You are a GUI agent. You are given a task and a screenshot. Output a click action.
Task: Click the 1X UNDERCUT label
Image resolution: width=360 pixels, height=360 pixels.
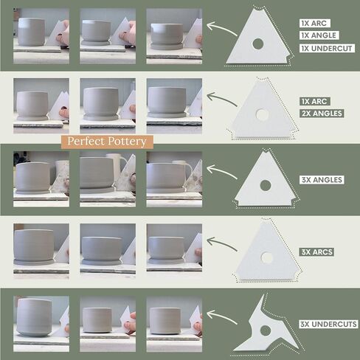[327, 48]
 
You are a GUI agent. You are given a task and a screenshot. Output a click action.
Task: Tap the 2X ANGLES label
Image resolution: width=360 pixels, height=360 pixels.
[322, 114]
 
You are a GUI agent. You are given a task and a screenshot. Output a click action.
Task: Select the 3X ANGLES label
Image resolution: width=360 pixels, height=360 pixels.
[322, 180]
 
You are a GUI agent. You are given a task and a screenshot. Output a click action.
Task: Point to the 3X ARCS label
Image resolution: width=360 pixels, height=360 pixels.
[316, 252]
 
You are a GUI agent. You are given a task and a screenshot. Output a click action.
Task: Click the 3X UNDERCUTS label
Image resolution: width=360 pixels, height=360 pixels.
[328, 324]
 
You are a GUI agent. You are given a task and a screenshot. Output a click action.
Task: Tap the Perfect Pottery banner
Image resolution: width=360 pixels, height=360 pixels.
[107, 142]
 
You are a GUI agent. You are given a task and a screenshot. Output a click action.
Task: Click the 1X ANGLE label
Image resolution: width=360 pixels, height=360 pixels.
[319, 35]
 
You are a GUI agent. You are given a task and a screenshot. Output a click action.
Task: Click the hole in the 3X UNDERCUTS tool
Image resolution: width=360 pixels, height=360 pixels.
[266, 330]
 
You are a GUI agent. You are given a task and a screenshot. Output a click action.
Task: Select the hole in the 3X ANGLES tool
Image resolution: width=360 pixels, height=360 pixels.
[266, 185]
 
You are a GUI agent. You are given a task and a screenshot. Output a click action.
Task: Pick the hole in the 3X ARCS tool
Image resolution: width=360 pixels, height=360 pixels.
[266, 257]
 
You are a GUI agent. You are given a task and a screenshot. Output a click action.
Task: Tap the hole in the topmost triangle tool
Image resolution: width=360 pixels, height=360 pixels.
[257, 44]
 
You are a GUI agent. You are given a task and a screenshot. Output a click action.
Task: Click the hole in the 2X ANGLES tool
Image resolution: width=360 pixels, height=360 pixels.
[262, 114]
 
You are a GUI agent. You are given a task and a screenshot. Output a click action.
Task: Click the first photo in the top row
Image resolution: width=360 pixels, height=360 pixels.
[41, 36]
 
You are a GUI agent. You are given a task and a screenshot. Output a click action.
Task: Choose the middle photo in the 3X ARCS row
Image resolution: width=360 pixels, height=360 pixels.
[108, 252]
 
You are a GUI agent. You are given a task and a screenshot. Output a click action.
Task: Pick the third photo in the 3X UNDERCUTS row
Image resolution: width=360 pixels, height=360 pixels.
[174, 324]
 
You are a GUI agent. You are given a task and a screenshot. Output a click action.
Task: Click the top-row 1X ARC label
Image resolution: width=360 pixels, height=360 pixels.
[314, 24]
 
